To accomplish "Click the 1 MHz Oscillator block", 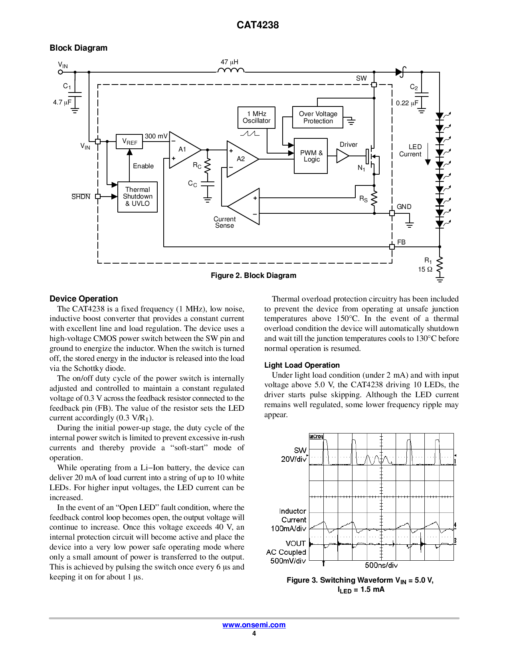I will [x=256, y=118].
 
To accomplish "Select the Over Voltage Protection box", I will [x=318, y=117].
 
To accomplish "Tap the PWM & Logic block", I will [x=311, y=156].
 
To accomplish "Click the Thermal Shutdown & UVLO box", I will [x=137, y=197].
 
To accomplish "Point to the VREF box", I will [x=129, y=142].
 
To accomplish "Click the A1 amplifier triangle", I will [x=183, y=150].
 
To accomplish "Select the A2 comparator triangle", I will [x=241, y=159].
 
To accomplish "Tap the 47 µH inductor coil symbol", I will [x=231, y=71].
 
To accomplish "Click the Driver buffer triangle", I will [x=342, y=156].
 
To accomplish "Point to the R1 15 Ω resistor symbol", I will [x=440, y=266].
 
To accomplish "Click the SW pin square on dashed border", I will [x=374, y=85].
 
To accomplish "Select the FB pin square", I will [x=392, y=247].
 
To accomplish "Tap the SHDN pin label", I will [x=81, y=197].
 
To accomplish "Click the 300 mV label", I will [x=156, y=136].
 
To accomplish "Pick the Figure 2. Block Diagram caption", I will [x=254, y=276].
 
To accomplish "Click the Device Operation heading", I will [x=84, y=299].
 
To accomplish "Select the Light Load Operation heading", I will [x=302, y=365].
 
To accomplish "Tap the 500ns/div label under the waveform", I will [x=381, y=565].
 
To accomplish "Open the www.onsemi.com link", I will [x=254, y=625].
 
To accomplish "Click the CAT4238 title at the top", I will [x=257, y=25].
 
